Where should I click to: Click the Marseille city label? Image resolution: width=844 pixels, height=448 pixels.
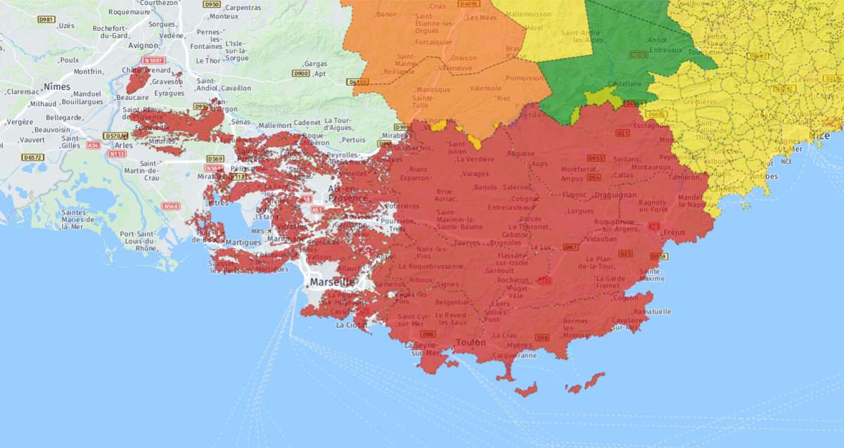point(331,282)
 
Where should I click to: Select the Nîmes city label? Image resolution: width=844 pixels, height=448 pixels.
point(57,87)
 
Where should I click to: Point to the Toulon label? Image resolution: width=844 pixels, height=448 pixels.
point(471,343)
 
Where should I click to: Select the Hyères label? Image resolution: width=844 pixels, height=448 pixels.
point(520,345)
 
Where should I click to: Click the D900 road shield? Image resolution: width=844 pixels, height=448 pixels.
point(300,73)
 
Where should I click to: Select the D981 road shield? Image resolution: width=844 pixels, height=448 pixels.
point(46,19)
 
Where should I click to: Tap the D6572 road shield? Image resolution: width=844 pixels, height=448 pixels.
point(32,158)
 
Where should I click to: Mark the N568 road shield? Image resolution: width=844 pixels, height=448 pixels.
point(170,206)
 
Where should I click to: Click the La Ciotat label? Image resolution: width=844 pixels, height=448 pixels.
point(350,325)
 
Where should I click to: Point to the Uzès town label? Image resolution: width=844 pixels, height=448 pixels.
point(67,25)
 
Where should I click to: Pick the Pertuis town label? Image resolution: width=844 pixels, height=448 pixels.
point(354,139)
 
